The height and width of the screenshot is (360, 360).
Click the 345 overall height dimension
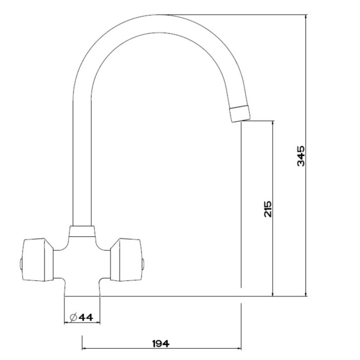point(301,156)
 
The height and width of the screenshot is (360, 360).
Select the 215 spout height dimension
point(268,209)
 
